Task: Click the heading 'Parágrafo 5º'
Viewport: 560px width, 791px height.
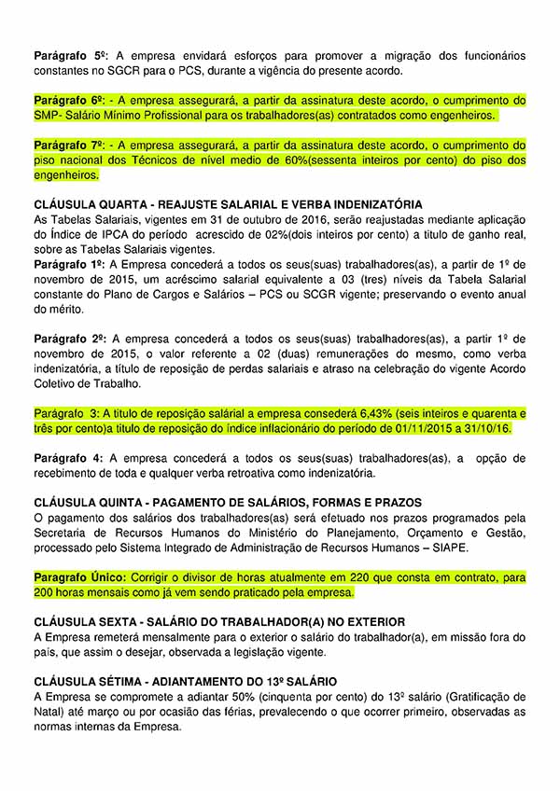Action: pyautogui.click(x=70, y=56)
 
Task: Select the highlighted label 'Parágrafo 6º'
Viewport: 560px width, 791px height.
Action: pyautogui.click(x=70, y=100)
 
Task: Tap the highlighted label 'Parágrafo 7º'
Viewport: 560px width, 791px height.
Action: pyautogui.click(x=70, y=146)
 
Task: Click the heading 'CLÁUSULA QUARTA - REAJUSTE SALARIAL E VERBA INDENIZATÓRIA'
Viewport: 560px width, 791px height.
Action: pyautogui.click(x=228, y=204)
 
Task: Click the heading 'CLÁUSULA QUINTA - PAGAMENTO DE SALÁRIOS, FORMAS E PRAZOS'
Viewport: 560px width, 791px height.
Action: pyautogui.click(x=227, y=503)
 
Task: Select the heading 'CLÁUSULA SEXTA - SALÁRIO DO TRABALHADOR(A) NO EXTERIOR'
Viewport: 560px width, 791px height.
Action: pyautogui.click(x=219, y=622)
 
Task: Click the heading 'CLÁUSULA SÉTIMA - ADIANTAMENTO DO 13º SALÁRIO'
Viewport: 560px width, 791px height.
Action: pyautogui.click(x=185, y=682)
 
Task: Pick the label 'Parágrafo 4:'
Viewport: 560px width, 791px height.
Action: pyautogui.click(x=67, y=458)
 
